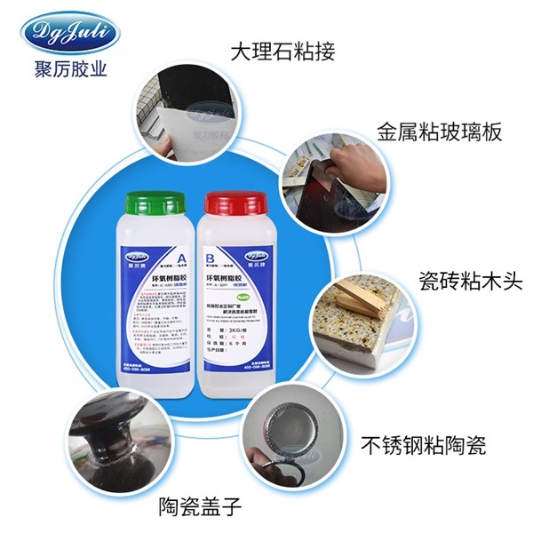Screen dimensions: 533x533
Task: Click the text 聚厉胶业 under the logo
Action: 68,69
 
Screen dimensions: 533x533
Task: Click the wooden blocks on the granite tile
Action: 359,302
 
